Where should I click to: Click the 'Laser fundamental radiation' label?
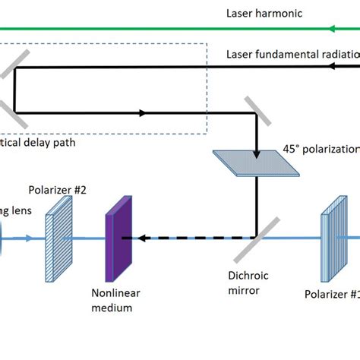pyautogui.click(x=292, y=55)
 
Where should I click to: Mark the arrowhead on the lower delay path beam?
pyautogui.click(x=142, y=114)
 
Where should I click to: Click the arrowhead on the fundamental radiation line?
pyautogui.click(x=334, y=67)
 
